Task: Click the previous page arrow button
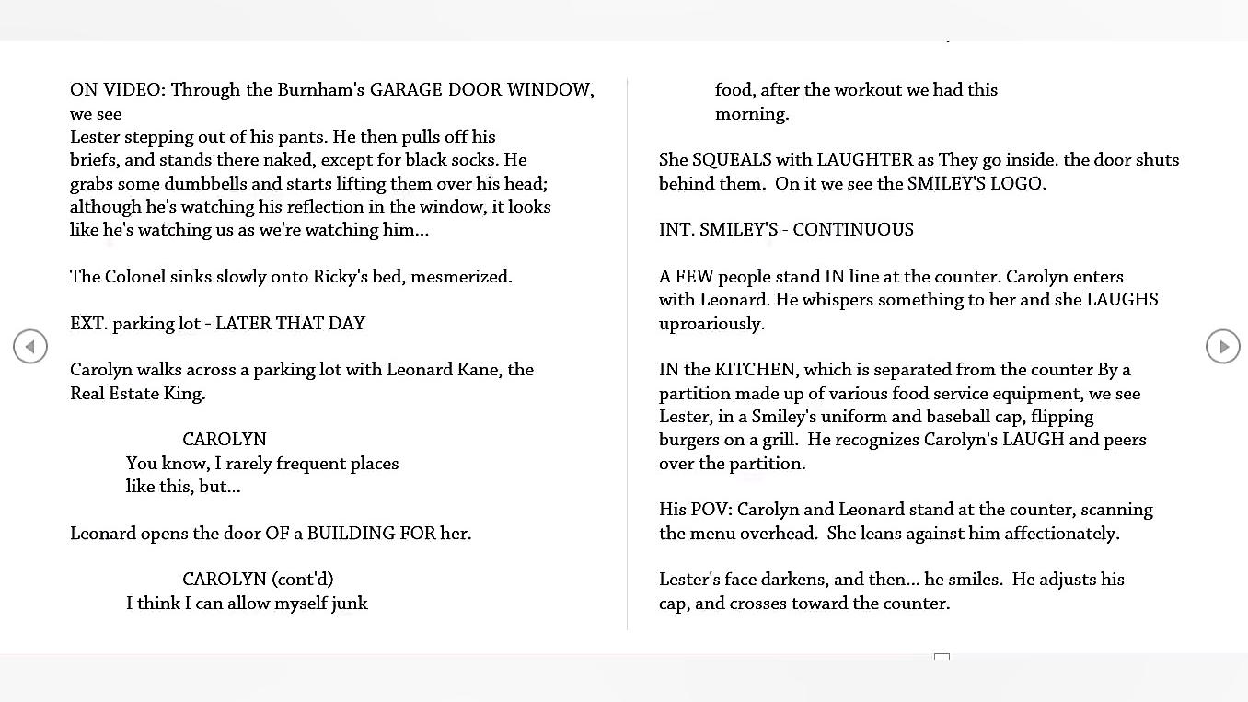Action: tap(30, 347)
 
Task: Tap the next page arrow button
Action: tap(1222, 347)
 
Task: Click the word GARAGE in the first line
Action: tap(406, 90)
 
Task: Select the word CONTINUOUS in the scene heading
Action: tap(853, 230)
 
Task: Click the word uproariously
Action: tap(711, 324)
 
